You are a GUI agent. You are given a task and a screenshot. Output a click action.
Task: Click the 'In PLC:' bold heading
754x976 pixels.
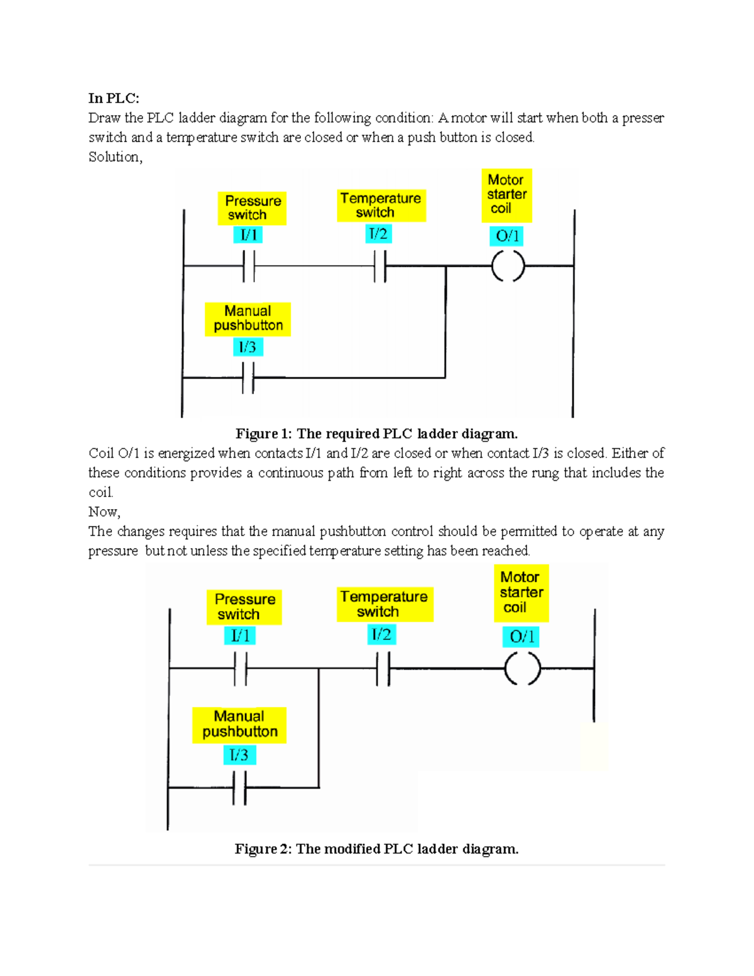coord(114,98)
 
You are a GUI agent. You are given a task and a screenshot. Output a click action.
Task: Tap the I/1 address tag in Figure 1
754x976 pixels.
coord(249,235)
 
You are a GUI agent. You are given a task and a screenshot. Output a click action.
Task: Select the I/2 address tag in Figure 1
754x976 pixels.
coord(378,234)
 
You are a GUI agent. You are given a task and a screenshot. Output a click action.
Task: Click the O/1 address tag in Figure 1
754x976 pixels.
coord(506,236)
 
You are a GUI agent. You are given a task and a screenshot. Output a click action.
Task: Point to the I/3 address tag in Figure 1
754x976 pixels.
coord(247,347)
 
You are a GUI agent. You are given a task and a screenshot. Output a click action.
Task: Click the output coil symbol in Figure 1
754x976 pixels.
coord(508,266)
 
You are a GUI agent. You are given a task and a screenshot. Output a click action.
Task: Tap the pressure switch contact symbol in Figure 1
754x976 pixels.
coord(249,266)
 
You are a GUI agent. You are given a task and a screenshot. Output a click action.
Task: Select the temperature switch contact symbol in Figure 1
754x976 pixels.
coord(380,266)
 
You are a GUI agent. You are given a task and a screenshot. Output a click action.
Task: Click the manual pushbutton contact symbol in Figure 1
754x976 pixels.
coord(248,378)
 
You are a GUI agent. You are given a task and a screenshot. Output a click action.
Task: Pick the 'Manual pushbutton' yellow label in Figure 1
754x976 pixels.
coord(248,319)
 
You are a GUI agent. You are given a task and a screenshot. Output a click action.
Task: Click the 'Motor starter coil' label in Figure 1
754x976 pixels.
coord(506,195)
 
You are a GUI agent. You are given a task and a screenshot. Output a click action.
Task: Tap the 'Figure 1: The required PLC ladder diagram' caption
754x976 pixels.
coord(376,434)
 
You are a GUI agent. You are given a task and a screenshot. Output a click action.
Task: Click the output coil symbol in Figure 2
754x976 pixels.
coord(523,668)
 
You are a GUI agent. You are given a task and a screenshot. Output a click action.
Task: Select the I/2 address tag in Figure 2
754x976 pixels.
coord(381,635)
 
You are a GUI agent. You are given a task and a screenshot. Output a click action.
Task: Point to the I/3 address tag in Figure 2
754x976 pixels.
coord(239,755)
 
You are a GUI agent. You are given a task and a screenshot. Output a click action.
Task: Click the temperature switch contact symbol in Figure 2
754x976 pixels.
coord(383,668)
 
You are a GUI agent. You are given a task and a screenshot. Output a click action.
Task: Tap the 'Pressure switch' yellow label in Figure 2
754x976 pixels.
coord(244,606)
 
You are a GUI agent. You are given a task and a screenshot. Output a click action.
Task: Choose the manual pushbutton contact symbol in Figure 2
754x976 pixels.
coord(239,787)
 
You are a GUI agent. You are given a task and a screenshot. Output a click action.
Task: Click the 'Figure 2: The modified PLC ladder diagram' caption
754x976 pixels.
coord(376,849)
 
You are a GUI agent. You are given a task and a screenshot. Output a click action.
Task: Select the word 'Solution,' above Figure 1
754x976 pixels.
coord(116,157)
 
